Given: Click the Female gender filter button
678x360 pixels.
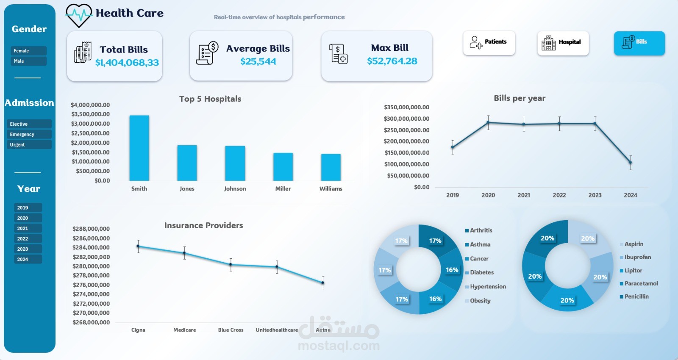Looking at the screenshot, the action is pos(29,50).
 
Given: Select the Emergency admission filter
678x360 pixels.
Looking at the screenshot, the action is pos(29,134).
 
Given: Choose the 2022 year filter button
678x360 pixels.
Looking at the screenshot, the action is pos(28,238).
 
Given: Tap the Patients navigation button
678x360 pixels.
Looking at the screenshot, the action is pos(489,43).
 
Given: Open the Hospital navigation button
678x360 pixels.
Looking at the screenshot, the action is pos(563,43).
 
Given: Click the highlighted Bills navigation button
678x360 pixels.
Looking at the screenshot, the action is pos(639,43).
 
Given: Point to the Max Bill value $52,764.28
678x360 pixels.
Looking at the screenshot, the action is pos(392,61).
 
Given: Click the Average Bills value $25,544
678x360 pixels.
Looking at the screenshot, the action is pos(258,61).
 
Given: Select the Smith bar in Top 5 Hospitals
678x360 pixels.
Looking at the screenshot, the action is pos(139,148).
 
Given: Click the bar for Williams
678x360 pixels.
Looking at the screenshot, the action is pos(331,167).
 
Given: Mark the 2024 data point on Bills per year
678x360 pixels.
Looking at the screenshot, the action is pos(631,163).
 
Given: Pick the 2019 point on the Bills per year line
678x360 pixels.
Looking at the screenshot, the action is pos(453,147).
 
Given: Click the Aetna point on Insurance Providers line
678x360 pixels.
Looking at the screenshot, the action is pos(323,283).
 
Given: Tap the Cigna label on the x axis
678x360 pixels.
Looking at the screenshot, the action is pos(138,330).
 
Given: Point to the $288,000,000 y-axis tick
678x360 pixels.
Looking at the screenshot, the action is pos(91,229).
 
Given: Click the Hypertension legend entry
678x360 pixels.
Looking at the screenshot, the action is pos(486,286).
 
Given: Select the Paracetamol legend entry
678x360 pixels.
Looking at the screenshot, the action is pos(639,283).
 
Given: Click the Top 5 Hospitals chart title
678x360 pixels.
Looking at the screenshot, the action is pos(210,99).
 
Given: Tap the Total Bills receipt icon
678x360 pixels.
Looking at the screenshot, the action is pos(83,53).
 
